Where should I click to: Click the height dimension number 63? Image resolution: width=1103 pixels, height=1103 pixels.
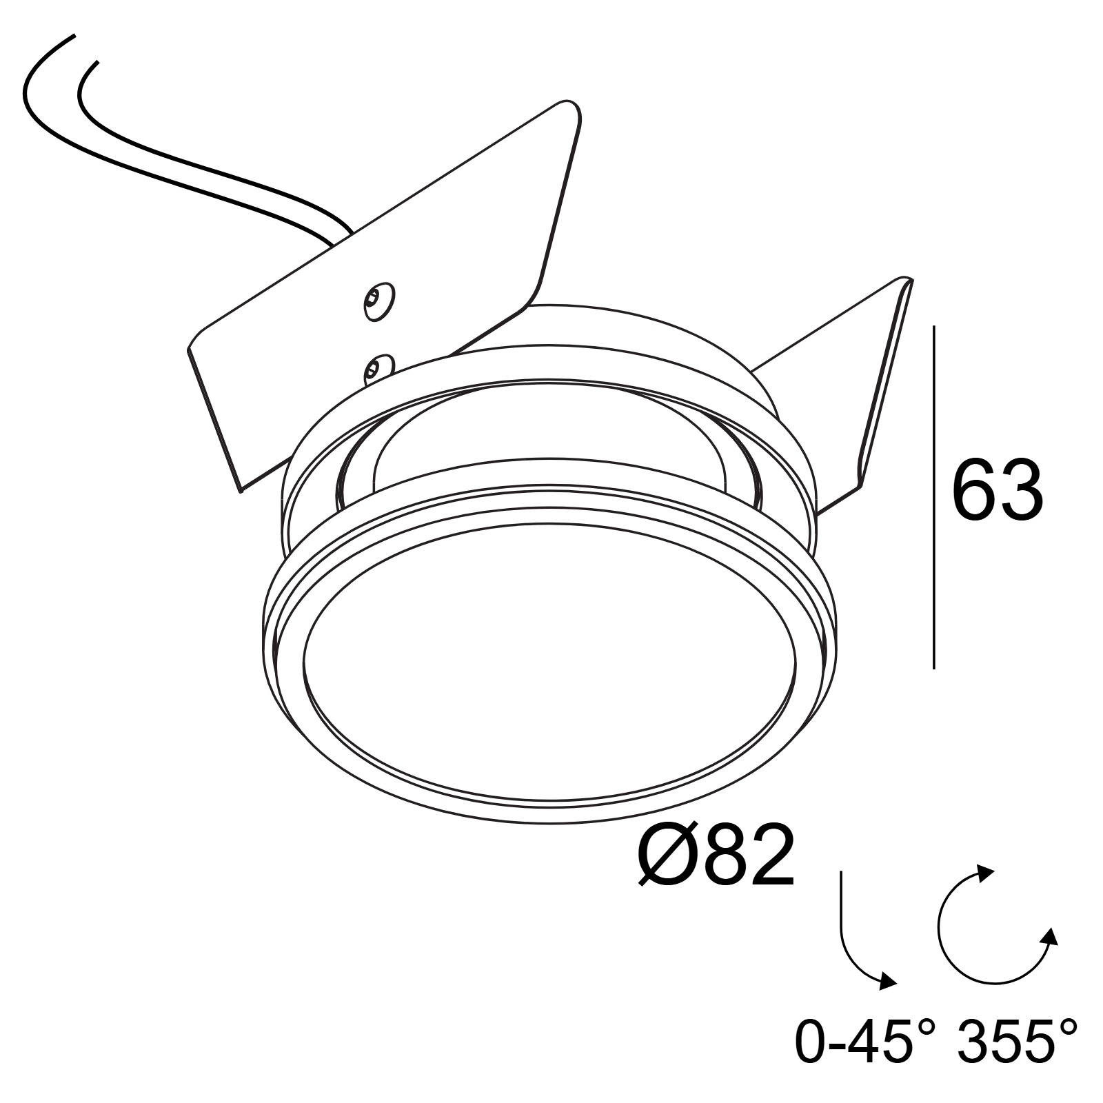[998, 490]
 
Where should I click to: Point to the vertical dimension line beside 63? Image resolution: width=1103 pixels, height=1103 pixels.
[934, 497]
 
